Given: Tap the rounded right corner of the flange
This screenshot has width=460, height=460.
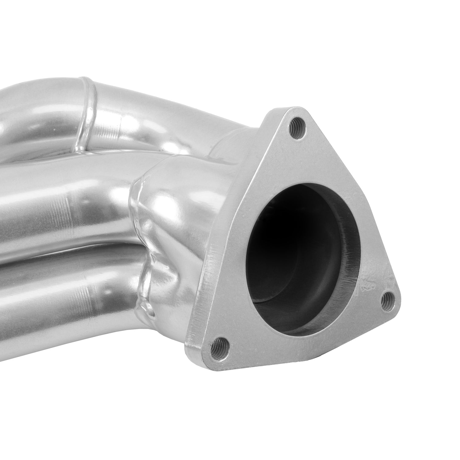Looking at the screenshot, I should pyautogui.click(x=396, y=304).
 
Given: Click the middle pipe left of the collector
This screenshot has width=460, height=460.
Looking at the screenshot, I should pyautogui.click(x=61, y=199).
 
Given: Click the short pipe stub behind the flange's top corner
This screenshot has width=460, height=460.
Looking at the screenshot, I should pyautogui.click(x=233, y=144).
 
